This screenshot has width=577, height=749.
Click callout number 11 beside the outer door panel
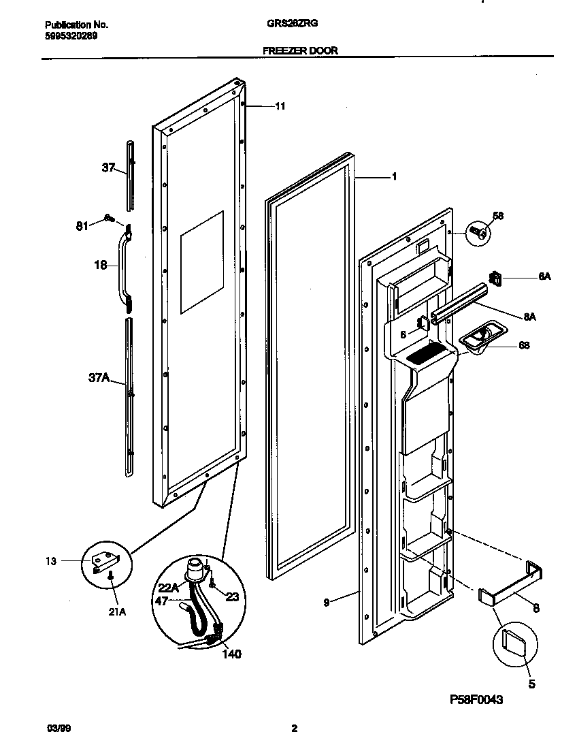click(x=280, y=106)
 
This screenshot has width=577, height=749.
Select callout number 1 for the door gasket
click(x=394, y=176)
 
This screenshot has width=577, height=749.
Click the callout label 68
click(x=524, y=345)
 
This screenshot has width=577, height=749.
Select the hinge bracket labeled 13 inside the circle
click(x=105, y=560)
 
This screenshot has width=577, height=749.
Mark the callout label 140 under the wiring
click(x=231, y=654)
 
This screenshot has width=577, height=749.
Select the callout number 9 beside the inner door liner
click(x=326, y=602)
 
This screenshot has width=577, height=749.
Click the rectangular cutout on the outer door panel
click(x=202, y=262)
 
